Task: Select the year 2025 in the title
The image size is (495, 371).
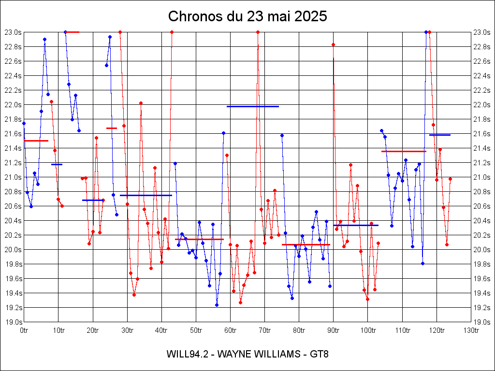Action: [x=310, y=16]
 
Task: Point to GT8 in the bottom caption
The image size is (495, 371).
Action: [x=320, y=354]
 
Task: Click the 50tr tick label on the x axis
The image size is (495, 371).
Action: [x=196, y=330]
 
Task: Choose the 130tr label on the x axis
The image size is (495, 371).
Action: [x=471, y=330]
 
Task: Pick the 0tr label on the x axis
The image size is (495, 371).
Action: [x=24, y=330]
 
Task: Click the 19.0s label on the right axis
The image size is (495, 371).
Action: [x=482, y=322]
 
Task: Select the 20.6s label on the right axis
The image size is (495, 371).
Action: [x=482, y=206]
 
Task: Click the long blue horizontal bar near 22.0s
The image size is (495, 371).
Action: [x=253, y=106]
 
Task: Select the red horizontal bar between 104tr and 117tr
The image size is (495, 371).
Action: [x=404, y=151]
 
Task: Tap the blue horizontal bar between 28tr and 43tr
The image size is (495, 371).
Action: [x=146, y=195]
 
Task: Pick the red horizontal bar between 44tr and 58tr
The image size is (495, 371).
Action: [x=199, y=239]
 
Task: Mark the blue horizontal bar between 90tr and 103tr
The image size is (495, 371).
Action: [x=356, y=225]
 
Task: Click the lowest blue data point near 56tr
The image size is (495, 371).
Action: [x=217, y=305]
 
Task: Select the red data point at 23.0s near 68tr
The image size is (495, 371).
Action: [x=258, y=32]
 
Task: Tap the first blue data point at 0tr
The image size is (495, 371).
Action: [x=24, y=123]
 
